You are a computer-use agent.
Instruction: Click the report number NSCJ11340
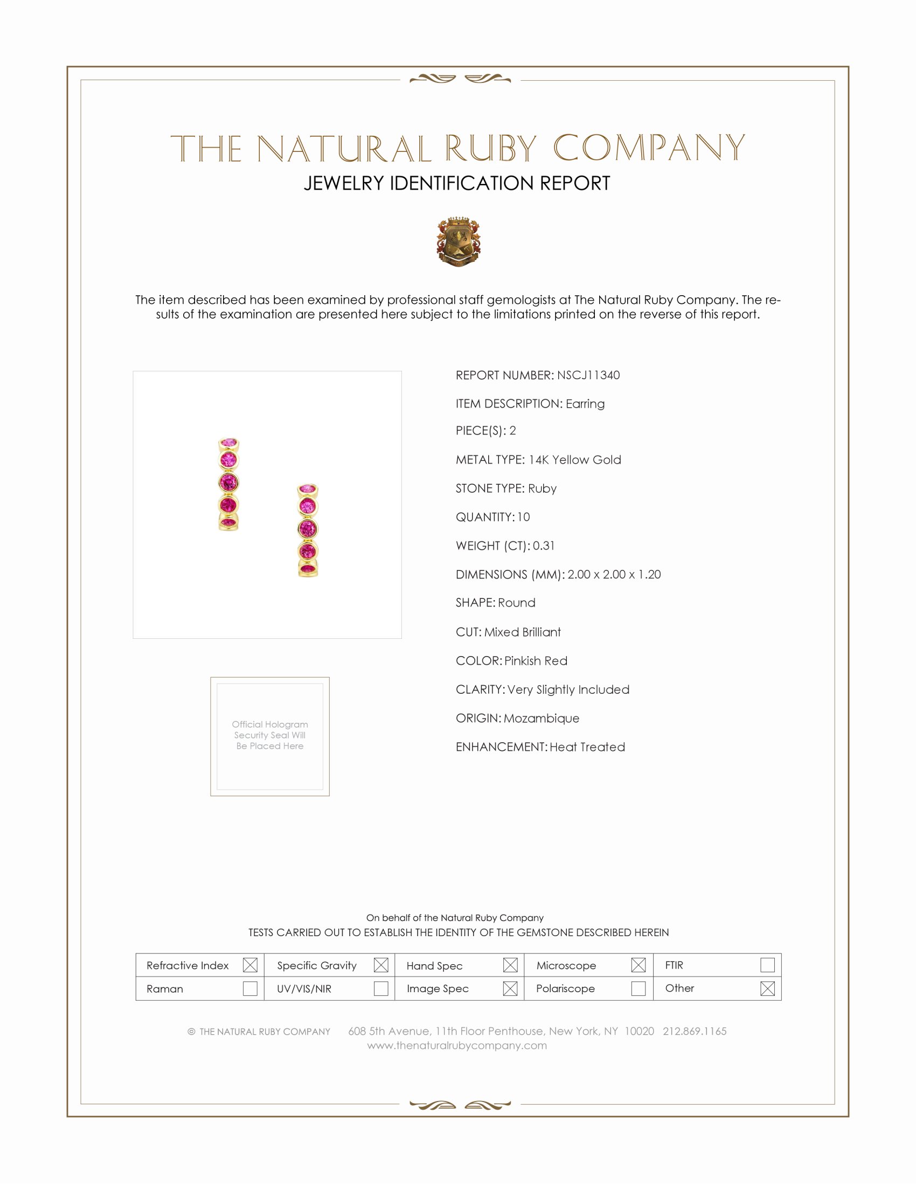(588, 375)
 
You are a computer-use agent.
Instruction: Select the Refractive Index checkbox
(250, 965)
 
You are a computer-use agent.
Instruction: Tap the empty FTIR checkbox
(767, 965)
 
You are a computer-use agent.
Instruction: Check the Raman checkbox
(250, 988)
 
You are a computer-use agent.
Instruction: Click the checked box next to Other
(767, 988)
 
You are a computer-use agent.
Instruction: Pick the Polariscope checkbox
(639, 988)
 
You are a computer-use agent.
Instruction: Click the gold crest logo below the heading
(459, 242)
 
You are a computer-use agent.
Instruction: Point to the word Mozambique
(542, 719)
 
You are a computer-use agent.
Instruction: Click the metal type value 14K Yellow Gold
(575, 460)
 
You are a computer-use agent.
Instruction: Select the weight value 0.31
(544, 546)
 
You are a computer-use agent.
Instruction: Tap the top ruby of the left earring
(229, 443)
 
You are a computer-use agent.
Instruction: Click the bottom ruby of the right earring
(308, 569)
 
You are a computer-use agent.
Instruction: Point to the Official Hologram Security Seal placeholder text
(270, 735)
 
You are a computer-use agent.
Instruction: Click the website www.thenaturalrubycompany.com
(457, 1045)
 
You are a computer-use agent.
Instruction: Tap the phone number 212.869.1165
(695, 1031)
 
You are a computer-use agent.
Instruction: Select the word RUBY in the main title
(491, 148)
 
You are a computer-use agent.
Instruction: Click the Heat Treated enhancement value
(587, 747)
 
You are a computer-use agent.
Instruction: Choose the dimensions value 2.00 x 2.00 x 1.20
(614, 575)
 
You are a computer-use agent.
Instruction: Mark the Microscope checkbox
(639, 965)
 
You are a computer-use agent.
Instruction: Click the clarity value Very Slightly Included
(568, 689)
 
